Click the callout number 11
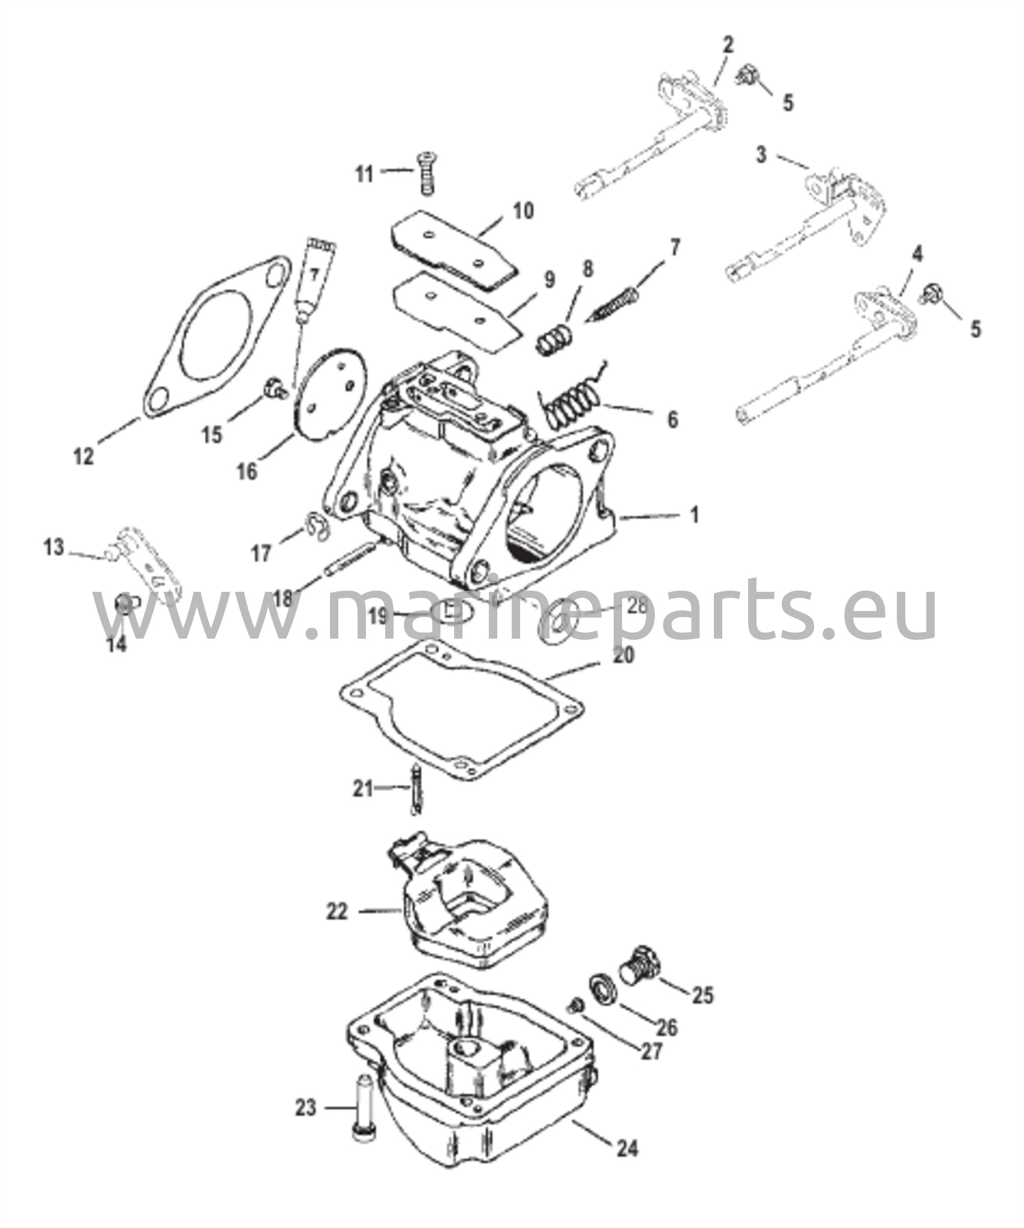coord(364,174)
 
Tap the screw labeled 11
coord(425,172)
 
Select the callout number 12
coord(83,457)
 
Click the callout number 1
coord(694,514)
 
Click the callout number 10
coord(522,212)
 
